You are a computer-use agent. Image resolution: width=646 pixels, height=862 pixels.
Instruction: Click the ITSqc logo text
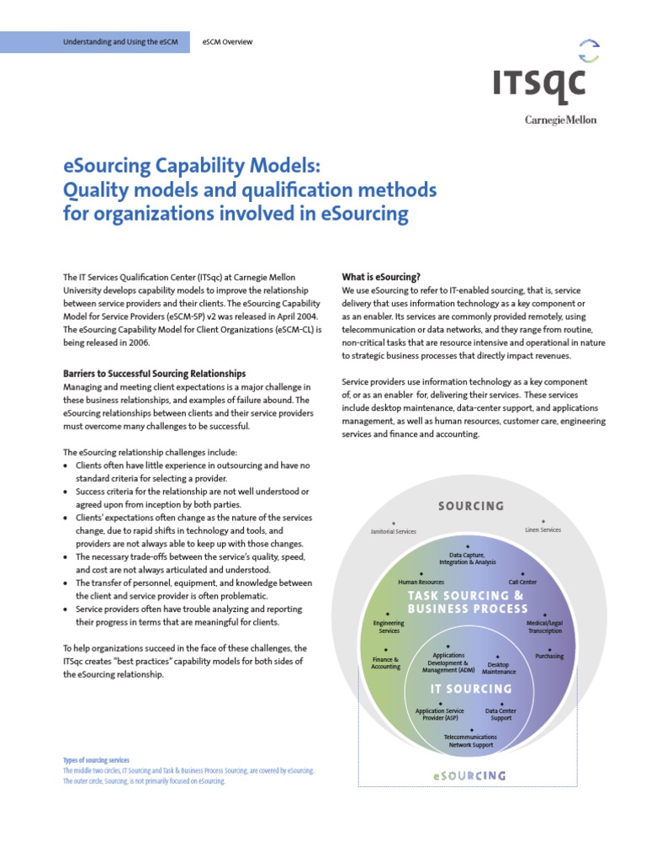539,86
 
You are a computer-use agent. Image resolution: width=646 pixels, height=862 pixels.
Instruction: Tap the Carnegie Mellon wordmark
560,120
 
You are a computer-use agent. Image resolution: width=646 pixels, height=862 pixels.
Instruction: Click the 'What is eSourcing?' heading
381,277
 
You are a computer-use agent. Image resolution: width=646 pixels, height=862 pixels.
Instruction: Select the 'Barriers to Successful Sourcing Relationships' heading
154,373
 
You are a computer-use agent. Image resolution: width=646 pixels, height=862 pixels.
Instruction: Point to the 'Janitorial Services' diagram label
393,532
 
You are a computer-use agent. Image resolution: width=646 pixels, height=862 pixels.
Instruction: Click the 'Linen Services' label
537,530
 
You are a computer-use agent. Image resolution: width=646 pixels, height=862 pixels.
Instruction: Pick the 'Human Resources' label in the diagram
421,582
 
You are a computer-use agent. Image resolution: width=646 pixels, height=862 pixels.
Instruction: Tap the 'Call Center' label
522,582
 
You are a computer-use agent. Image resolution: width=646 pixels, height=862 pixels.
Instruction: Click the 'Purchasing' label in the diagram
549,657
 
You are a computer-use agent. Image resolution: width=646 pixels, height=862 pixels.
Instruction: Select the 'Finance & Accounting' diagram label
386,662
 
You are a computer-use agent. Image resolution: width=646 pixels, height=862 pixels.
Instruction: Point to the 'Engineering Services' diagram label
389,627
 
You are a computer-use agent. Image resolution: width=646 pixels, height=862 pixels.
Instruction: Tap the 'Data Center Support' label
501,715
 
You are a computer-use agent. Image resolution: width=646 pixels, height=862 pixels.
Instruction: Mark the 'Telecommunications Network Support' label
471,742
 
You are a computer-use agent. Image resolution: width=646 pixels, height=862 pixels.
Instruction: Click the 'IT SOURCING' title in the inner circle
471,689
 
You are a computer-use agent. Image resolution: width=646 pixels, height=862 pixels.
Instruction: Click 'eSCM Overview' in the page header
228,41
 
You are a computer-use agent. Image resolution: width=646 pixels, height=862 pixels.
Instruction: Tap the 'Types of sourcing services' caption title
96,760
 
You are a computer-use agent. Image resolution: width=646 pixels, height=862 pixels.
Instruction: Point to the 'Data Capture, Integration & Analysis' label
468,558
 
